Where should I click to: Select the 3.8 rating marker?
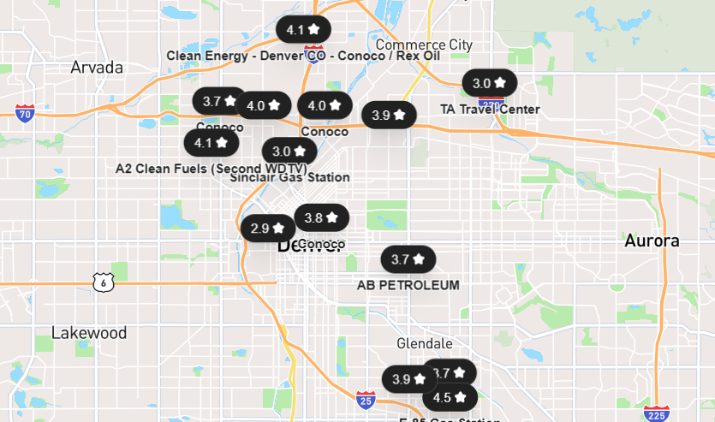pos(322,217)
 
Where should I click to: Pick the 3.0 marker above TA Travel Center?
pos(490,83)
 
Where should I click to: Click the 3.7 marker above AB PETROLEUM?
pos(408,259)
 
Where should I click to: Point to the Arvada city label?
pos(97,67)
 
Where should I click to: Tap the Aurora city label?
pos(652,241)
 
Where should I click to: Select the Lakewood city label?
pos(89,332)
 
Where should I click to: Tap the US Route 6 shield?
pos(103,281)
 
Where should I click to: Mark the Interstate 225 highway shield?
pos(657,413)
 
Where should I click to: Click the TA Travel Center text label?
pos(490,109)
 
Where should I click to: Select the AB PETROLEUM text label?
pos(408,285)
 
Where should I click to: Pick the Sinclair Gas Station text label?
pos(289,177)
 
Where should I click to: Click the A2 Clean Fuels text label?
pos(171,168)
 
